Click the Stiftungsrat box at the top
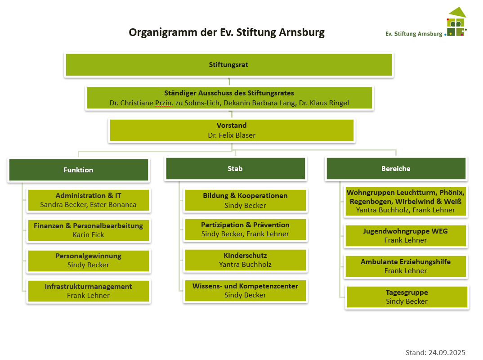pos(229,65)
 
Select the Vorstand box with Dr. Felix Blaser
pos(232,130)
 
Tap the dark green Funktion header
pos(78,170)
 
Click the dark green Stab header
pos(235,169)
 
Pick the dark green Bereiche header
pos(396,169)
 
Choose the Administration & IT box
pos(88,200)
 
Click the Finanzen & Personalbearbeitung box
pos(88,230)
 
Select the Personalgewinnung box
pos(88,261)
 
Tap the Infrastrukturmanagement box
pos(88,291)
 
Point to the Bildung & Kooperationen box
pos(245,200)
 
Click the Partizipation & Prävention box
pos(245,229)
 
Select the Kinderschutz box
pos(245,260)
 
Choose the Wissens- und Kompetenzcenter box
pos(245,291)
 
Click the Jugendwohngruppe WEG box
pos(406,236)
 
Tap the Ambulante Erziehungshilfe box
pos(406,266)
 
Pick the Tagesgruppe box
pos(407,297)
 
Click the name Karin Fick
pos(88,235)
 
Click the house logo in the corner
pos(456,22)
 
